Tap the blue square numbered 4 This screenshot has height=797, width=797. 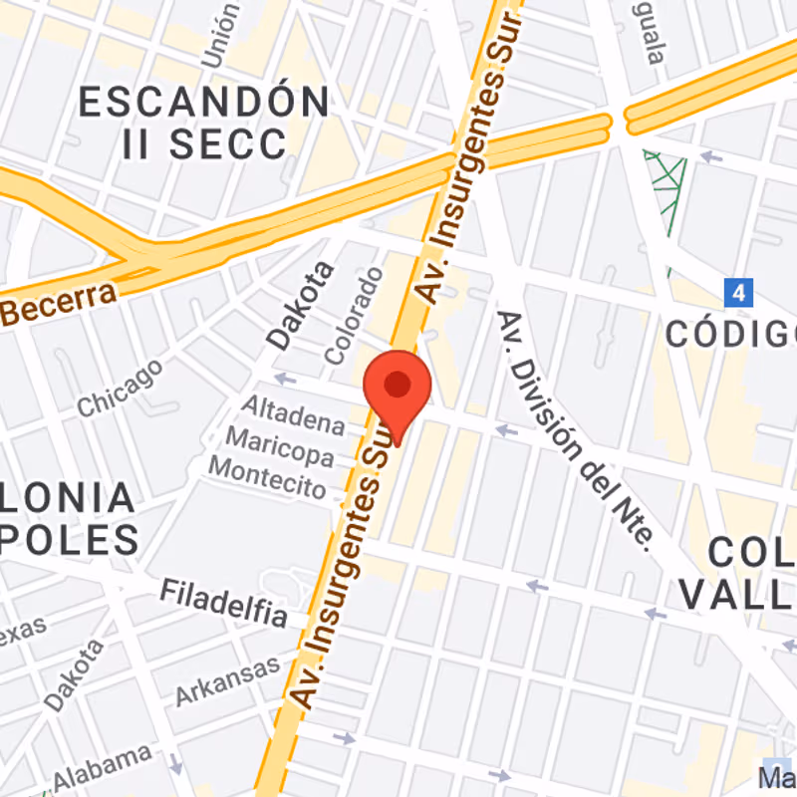[738, 293]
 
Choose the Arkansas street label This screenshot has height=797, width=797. [228, 681]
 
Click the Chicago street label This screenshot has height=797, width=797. [121, 388]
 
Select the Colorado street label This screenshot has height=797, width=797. [354, 314]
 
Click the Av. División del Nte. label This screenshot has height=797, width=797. [575, 429]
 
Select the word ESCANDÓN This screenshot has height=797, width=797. [204, 102]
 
